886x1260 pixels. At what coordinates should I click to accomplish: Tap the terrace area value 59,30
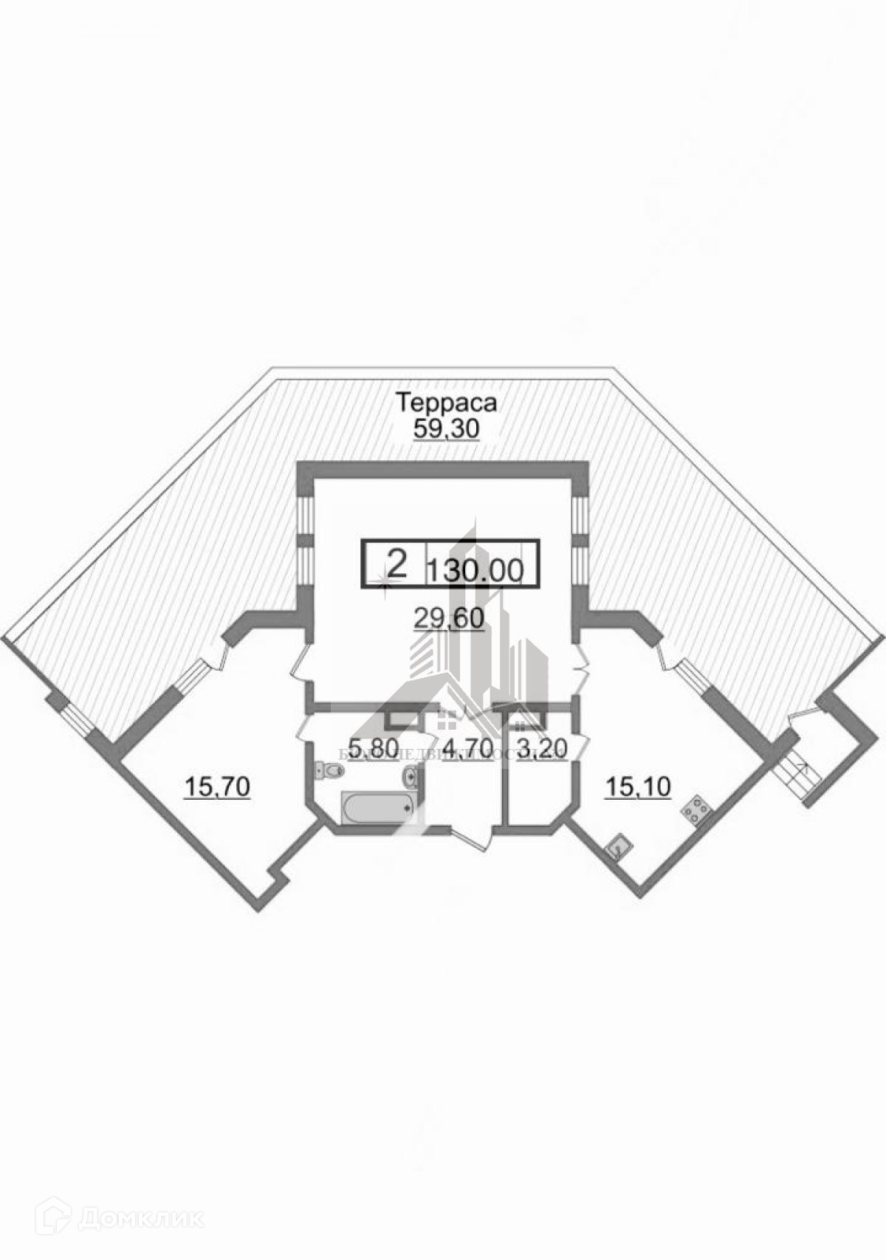pyautogui.click(x=446, y=429)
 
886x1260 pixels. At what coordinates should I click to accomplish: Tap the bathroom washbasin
pyautogui.click(x=412, y=775)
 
